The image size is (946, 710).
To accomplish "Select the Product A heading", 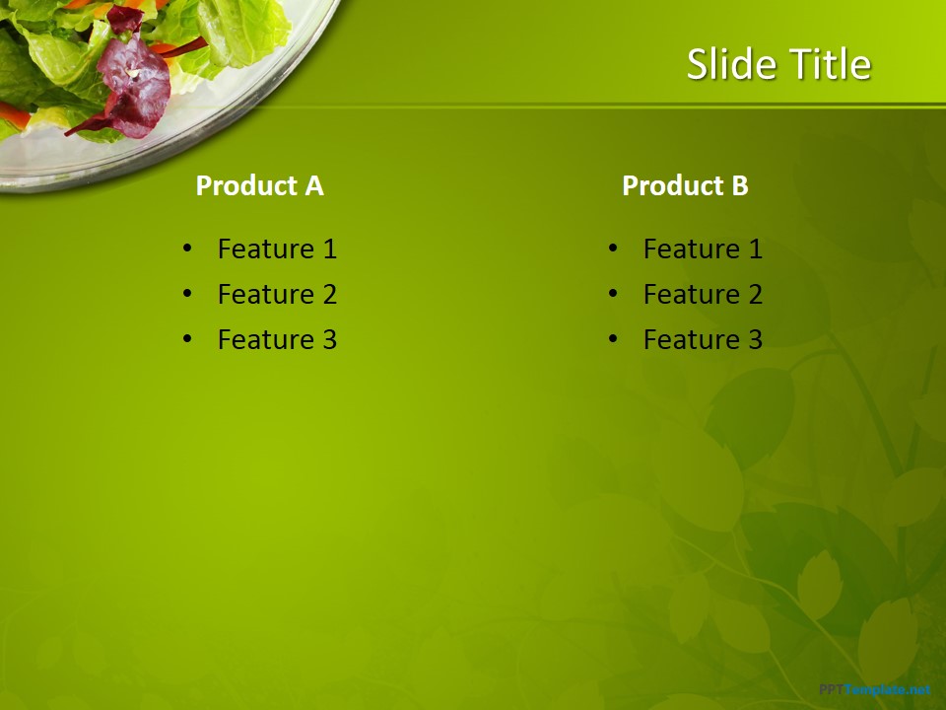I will [x=259, y=185].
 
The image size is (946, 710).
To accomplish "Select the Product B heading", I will [x=685, y=185].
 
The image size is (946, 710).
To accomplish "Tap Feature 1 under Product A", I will [x=277, y=248].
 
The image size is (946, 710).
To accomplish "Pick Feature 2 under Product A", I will [x=277, y=294].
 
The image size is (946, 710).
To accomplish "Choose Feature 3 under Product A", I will [x=277, y=339].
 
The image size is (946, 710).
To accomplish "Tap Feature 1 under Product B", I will [x=703, y=248].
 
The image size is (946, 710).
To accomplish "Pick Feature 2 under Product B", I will [x=703, y=294].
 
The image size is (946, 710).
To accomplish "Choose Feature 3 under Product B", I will [x=703, y=339].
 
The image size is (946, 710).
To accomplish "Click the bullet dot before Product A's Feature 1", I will [x=187, y=248].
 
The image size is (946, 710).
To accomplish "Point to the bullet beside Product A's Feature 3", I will [x=187, y=339].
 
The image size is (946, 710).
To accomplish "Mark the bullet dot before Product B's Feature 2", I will [x=613, y=294].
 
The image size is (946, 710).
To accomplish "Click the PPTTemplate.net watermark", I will [x=874, y=689].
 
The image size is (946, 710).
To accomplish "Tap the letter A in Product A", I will [x=313, y=185].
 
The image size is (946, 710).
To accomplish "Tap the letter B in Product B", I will [x=739, y=185].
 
